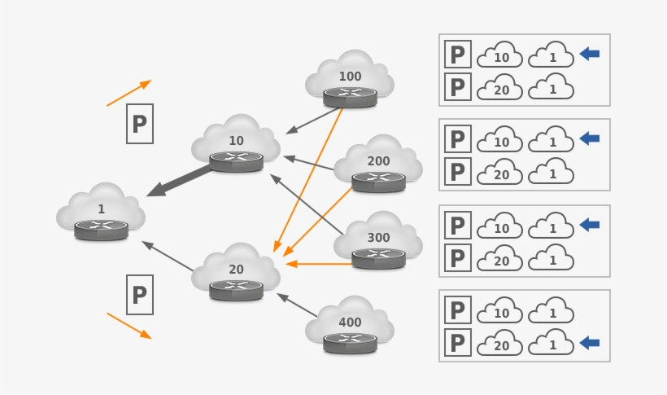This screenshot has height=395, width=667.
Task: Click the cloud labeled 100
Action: (350, 76)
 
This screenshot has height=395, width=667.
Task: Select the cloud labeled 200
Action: (378, 162)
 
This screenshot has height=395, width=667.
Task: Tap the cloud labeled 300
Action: (378, 239)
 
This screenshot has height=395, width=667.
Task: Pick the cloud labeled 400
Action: (350, 323)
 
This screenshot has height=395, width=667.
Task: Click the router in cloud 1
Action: (101, 230)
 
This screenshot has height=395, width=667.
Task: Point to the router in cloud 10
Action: (236, 160)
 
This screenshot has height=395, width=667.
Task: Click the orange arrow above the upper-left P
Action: (129, 93)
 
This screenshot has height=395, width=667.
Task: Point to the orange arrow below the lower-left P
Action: (129, 325)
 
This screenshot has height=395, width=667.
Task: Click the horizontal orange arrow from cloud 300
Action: (319, 264)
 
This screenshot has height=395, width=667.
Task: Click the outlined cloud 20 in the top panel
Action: (500, 87)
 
